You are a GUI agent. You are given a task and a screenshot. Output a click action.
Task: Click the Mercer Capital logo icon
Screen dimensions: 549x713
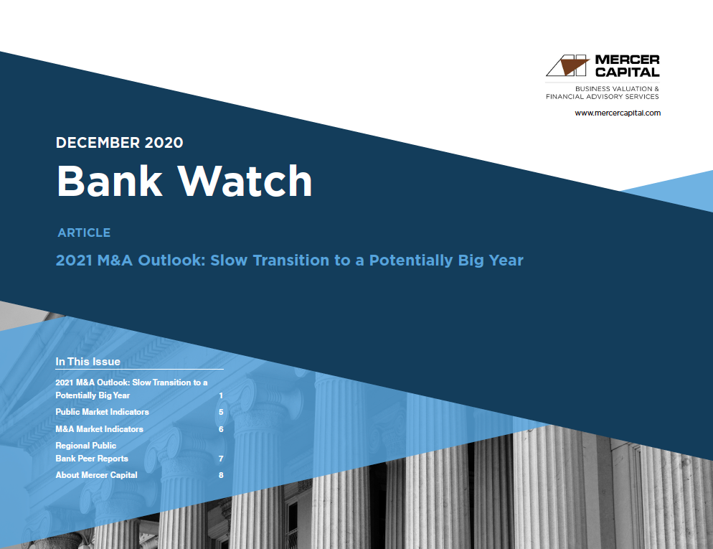coord(567,66)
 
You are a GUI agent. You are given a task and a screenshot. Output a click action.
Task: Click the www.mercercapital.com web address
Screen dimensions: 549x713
coord(617,113)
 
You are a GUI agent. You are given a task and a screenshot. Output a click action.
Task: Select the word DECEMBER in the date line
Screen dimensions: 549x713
coord(98,142)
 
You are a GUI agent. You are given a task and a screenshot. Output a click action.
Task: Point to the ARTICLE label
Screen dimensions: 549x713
coord(84,233)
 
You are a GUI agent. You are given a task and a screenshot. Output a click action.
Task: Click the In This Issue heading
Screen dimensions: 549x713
coord(88,361)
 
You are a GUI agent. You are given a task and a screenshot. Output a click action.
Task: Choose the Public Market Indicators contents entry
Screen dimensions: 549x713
coord(102,412)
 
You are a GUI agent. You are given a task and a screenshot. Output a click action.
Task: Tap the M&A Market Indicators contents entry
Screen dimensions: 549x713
coord(99,429)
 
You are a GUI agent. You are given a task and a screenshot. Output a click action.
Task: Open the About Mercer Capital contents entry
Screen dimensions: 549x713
coord(96,475)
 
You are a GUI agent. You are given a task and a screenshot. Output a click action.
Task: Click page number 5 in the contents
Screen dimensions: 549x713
coord(221,413)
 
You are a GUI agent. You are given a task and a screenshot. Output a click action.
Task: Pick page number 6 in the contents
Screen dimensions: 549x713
coord(221,429)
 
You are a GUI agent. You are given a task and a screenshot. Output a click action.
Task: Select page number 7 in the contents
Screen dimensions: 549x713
coord(221,459)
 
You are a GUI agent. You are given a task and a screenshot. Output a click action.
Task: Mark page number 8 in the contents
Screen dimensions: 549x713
coord(221,475)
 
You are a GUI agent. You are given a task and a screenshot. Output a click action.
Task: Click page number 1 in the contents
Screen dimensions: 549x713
coord(221,395)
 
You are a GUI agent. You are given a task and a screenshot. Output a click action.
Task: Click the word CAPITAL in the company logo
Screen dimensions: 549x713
coord(626,72)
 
